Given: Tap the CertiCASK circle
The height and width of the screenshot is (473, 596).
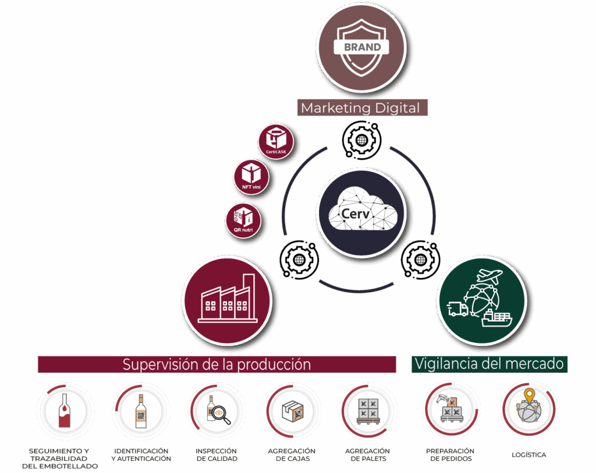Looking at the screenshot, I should point(276,141).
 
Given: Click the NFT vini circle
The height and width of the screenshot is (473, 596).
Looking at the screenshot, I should point(251,175).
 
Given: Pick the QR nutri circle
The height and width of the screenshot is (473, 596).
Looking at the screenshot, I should point(243,220).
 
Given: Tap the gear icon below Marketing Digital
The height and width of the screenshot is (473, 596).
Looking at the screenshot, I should point(361,140).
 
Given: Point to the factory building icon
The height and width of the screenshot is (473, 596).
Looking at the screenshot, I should point(227,300).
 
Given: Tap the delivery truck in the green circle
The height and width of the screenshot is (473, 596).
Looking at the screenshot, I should point(457,309).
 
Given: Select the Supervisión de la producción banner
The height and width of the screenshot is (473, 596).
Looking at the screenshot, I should point(217,365).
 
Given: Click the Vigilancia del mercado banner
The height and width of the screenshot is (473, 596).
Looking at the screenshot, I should point(489,364).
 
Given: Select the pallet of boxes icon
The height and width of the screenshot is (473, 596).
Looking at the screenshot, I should point(368,411).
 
